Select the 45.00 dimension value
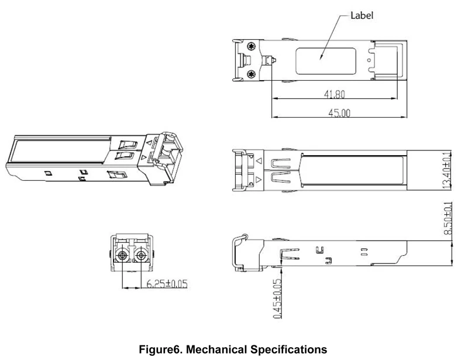pyautogui.click(x=339, y=113)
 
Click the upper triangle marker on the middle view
pyautogui.click(x=259, y=159)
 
